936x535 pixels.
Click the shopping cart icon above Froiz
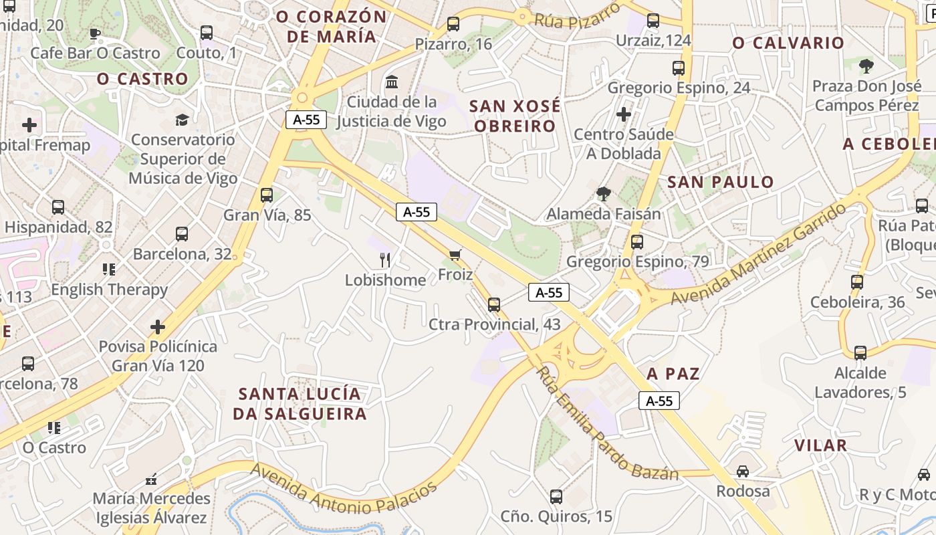coord(455,254)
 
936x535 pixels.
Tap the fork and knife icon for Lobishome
coord(385,259)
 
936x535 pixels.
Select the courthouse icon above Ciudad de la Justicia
coord(392,82)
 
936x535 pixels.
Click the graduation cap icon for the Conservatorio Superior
coord(182,120)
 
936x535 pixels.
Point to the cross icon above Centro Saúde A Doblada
coord(624,114)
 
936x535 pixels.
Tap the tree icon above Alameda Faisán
coord(604,194)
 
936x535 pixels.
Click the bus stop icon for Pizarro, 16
coord(453,24)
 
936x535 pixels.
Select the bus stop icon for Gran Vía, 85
coord(267,195)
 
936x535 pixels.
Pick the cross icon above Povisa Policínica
coord(158,327)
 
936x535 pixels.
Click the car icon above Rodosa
coord(743,471)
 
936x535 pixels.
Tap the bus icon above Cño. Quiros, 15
coord(556,497)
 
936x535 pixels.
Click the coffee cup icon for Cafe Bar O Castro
coord(95,33)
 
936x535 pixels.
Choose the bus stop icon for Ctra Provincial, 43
coord(494,305)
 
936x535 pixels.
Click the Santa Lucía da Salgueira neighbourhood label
coord(300,404)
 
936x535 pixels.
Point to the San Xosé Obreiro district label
coord(515,116)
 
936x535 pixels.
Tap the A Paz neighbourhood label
coord(673,374)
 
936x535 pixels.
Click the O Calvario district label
coord(788,43)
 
